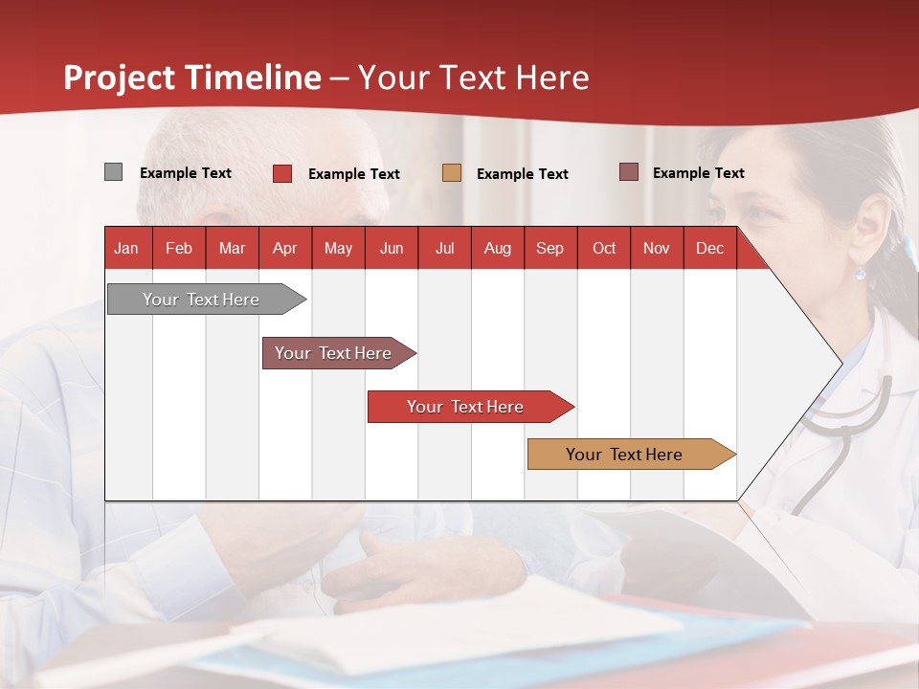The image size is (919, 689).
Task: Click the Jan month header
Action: (126, 248)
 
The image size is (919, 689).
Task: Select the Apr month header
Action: (284, 248)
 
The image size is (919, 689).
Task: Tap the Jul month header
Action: (444, 248)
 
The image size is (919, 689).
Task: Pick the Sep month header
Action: (549, 248)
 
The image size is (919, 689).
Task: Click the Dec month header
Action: (709, 248)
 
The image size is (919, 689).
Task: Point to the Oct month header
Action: (604, 248)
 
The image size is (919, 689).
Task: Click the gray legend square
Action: (113, 172)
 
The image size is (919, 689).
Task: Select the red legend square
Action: (282, 173)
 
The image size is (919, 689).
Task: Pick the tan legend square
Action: (452, 173)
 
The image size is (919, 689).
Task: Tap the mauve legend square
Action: (629, 172)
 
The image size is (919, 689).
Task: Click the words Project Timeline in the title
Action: (191, 78)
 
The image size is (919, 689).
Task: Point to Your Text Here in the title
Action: (473, 78)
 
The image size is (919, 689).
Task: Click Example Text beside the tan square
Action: (522, 174)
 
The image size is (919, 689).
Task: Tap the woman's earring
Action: (860, 272)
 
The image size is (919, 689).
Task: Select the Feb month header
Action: (179, 248)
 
